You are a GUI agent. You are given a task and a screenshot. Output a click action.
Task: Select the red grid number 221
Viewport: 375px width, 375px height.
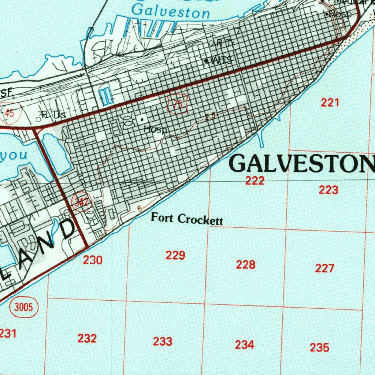tap(330, 103)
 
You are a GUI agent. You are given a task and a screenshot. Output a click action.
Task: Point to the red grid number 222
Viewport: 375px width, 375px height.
tap(255, 181)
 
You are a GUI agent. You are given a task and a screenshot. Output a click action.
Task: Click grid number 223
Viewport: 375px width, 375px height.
tap(328, 190)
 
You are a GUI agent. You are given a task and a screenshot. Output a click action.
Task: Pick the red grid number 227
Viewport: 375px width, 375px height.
tap(324, 268)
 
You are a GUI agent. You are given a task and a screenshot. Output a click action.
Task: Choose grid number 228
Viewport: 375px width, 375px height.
tap(245, 264)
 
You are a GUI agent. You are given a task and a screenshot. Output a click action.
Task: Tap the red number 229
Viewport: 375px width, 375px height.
tap(175, 255)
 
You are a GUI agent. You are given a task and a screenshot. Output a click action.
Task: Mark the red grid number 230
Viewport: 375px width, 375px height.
tap(92, 260)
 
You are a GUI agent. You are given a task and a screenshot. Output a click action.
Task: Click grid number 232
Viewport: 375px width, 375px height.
tap(87, 338)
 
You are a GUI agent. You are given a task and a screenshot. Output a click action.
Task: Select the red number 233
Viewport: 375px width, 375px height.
tap(163, 342)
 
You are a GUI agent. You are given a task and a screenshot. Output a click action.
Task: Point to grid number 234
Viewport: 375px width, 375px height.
tap(244, 345)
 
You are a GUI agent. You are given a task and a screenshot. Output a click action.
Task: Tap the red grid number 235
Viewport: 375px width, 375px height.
tap(319, 347)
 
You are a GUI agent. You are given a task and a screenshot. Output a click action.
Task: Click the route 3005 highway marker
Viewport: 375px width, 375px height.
tap(24, 307)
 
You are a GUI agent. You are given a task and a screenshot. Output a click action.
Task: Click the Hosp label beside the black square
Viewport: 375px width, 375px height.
tap(156, 130)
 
